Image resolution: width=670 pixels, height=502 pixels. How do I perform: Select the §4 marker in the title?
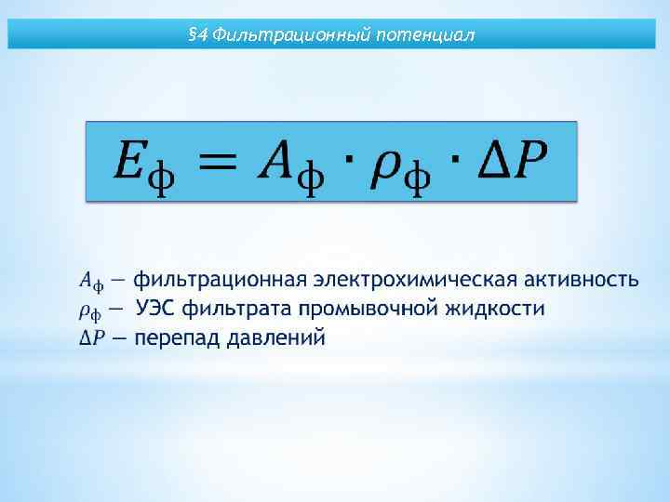click(x=197, y=36)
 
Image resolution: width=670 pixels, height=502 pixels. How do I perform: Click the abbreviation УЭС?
click(x=157, y=308)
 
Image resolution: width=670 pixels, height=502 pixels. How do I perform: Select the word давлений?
click(x=275, y=337)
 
